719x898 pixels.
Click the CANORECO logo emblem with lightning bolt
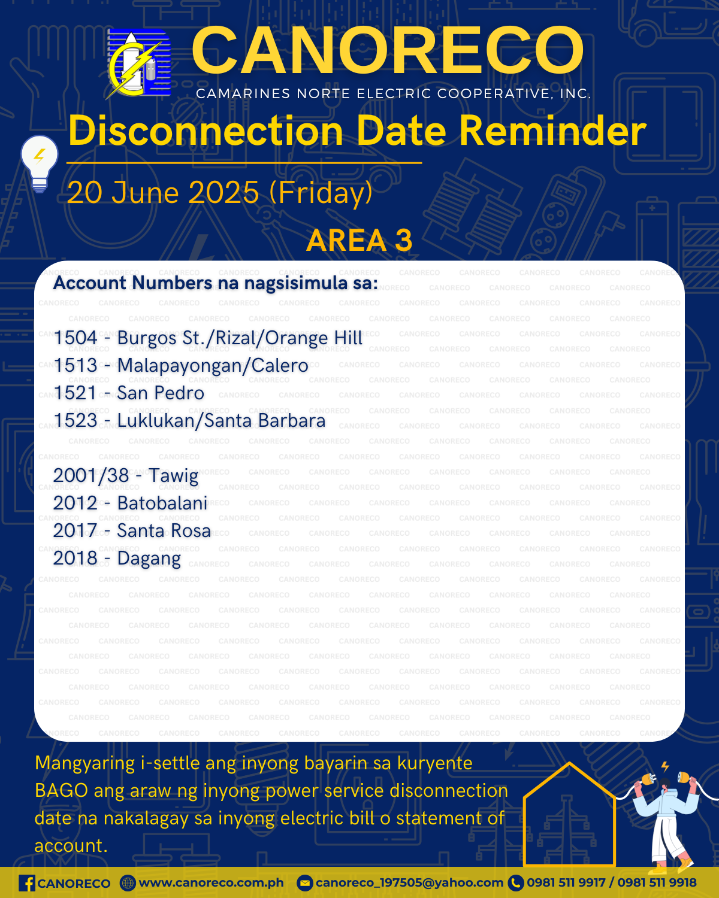pos(138,63)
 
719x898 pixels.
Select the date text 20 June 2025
pos(163,192)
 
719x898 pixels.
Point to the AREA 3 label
pos(359,240)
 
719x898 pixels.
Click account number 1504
pos(75,338)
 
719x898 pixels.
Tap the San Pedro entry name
pos(161,393)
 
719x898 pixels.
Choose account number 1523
pos(75,420)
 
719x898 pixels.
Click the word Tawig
pos(174,476)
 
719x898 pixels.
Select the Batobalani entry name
pos(162,503)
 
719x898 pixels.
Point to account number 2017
pos(75,530)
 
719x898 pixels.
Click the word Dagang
pos(149,559)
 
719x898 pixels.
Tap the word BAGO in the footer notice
pos(61,790)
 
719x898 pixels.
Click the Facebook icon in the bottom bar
pos(27,883)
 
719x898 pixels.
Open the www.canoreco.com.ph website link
pos(211,882)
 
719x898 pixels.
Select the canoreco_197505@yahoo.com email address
pos(409,882)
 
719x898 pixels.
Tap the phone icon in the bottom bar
pos(516,883)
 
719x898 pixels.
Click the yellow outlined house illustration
pos(569,814)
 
